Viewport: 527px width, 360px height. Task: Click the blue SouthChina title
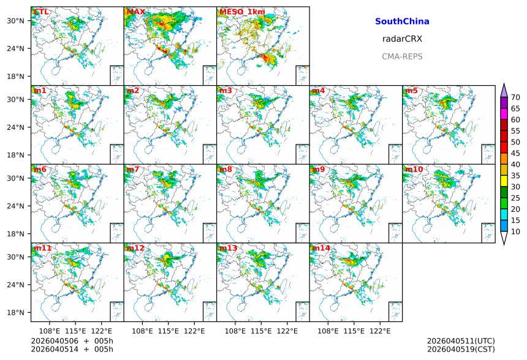[x=402, y=21]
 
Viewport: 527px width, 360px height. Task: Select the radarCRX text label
[x=402, y=39]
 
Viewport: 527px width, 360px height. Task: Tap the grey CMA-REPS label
[x=402, y=56]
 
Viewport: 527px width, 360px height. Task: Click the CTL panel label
[x=41, y=12]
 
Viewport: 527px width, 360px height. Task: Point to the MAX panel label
[x=135, y=12]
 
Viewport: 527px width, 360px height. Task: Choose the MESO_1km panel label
[x=238, y=12]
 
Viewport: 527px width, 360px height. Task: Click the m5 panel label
[x=411, y=91]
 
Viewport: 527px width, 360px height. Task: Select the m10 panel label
[x=414, y=170]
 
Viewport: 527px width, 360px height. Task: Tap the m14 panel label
[x=321, y=248]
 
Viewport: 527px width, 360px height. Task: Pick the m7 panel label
[x=133, y=170]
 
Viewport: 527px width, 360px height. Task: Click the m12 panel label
[x=135, y=248]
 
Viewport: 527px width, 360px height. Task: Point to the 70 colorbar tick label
[x=515, y=97]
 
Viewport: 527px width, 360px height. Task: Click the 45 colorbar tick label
[x=515, y=153]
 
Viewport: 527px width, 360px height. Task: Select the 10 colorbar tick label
[x=515, y=231]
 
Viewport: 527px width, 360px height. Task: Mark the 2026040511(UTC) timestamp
[x=461, y=341]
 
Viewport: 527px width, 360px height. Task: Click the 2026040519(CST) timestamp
[x=461, y=349]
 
